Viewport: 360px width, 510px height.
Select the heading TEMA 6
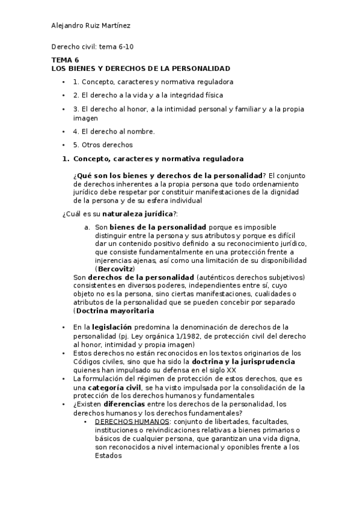65,60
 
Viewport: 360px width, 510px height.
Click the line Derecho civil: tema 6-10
92,47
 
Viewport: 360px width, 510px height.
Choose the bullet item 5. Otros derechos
103,145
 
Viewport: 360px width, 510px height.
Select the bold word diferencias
127,405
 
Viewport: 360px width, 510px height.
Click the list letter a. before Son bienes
88,227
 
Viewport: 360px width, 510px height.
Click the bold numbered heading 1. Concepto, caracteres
153,159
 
